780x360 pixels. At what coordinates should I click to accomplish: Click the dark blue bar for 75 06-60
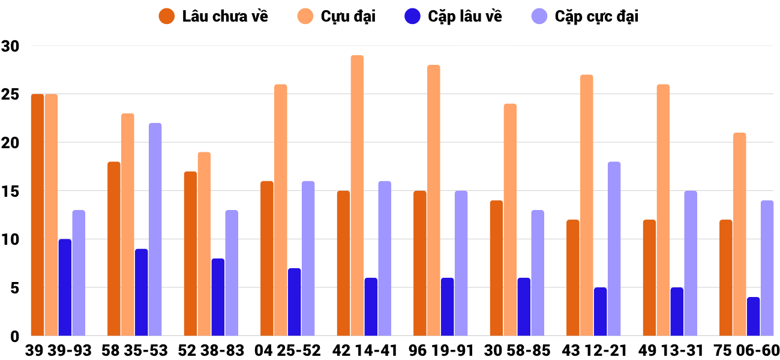[x=754, y=316]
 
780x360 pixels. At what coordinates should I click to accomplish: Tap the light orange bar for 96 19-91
[x=433, y=200]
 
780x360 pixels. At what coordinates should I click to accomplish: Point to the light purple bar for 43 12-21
[x=614, y=248]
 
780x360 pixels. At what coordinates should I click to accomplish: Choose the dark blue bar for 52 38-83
[x=218, y=297]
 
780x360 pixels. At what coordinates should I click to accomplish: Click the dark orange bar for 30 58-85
[x=497, y=268]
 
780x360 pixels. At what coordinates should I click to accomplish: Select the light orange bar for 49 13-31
[x=663, y=210]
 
